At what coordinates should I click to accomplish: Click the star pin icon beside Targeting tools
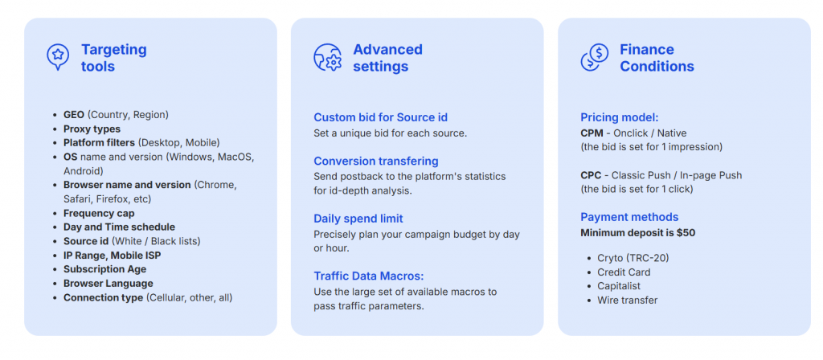tap(58, 57)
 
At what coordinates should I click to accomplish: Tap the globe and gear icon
tap(328, 57)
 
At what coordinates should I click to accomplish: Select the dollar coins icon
tap(595, 57)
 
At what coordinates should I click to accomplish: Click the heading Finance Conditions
tap(657, 58)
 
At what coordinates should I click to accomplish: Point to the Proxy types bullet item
tap(92, 129)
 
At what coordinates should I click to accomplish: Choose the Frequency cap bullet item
tap(99, 213)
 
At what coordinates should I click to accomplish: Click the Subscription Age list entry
tap(105, 269)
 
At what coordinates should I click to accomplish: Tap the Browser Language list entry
tap(109, 284)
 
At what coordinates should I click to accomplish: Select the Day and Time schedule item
tap(119, 227)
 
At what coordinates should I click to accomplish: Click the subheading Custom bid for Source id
tap(380, 117)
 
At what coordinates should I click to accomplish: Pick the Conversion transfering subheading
tap(376, 161)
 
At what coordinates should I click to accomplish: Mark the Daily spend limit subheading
tap(358, 219)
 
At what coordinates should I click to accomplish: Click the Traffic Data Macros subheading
tap(368, 276)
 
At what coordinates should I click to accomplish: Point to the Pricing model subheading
tap(620, 117)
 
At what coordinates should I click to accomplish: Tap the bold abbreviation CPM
tap(592, 133)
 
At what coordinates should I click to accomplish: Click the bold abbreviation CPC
tap(592, 175)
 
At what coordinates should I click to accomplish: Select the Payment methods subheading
tap(629, 217)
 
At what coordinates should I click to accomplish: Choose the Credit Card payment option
tap(624, 272)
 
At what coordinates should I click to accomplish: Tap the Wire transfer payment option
tap(627, 301)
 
